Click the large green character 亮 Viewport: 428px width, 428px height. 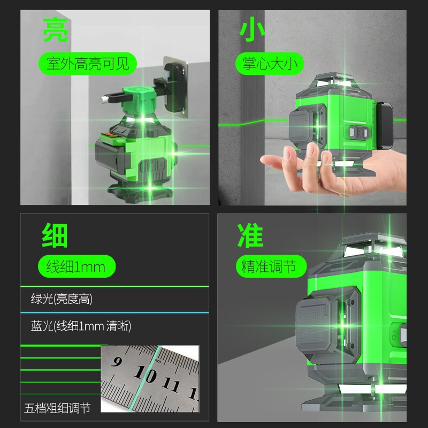click(x=56, y=30)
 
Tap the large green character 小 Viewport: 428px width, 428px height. click(x=253, y=30)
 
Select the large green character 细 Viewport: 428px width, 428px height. click(x=56, y=235)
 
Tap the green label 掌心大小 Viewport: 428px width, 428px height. click(x=269, y=65)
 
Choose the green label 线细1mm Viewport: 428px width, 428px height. click(x=75, y=266)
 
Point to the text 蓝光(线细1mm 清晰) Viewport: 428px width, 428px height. click(x=78, y=325)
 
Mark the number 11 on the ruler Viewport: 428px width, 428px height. click(x=171, y=385)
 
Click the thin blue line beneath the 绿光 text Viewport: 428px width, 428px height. click(x=107, y=312)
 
